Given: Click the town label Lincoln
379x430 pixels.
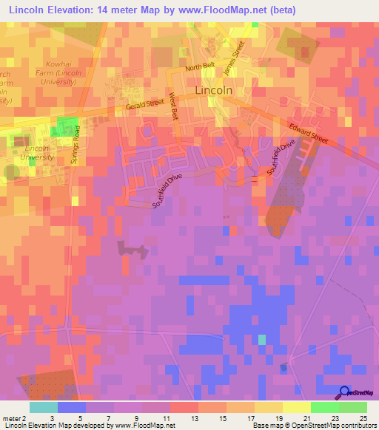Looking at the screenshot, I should (x=213, y=90).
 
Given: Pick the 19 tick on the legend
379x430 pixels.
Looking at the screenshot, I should (x=278, y=419).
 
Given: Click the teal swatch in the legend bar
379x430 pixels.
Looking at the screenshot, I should (x=44, y=407).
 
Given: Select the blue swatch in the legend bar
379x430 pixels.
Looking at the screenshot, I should (x=72, y=407).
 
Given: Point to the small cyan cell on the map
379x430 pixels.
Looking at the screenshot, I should (x=261, y=339).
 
